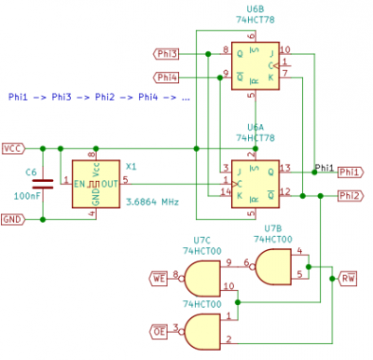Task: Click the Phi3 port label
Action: pyautogui.click(x=165, y=54)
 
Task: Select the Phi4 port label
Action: pyautogui.click(x=165, y=76)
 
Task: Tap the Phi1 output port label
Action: pyautogui.click(x=350, y=173)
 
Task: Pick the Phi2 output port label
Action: pyautogui.click(x=350, y=196)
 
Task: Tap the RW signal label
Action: pyautogui.click(x=347, y=278)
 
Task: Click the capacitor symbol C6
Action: pyautogui.click(x=42, y=184)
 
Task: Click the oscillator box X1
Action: pyautogui.click(x=96, y=184)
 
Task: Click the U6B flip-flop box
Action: pyautogui.click(x=255, y=64)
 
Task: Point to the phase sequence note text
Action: pyautogui.click(x=99, y=97)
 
